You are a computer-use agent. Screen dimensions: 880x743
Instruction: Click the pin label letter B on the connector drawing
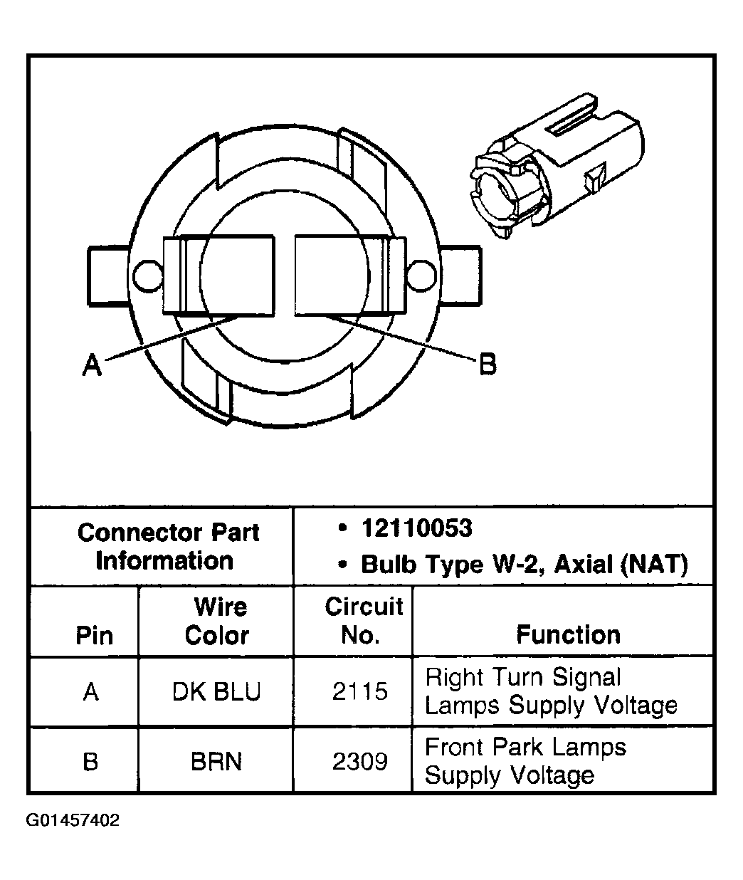tap(487, 365)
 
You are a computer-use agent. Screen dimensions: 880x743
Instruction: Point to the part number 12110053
tap(416, 528)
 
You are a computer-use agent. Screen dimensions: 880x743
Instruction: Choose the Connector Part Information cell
tap(168, 546)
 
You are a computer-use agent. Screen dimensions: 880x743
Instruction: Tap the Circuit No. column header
tap(363, 620)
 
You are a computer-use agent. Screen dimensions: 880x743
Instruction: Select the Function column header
tap(568, 634)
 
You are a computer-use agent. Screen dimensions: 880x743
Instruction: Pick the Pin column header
tap(94, 635)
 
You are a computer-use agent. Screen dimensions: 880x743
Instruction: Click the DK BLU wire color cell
tap(216, 691)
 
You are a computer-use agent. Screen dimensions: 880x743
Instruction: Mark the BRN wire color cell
tap(216, 761)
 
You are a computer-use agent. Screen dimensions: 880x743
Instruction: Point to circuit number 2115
tap(360, 691)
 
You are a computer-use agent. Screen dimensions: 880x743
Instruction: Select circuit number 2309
tap(360, 761)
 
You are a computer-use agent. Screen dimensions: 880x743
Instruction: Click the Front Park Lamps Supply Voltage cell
tap(525, 760)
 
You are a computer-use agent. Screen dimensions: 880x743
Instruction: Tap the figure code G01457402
tap(73, 820)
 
